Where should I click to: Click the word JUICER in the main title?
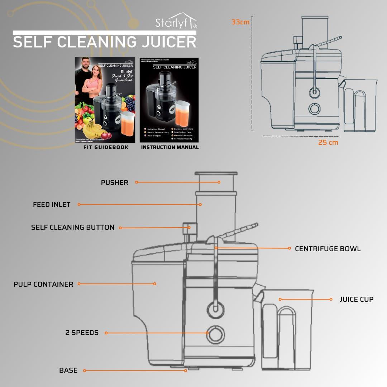point(168,42)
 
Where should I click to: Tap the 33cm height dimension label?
point(240,22)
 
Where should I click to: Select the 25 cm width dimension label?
point(328,142)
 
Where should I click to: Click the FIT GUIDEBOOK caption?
point(106,147)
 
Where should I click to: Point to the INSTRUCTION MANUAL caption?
point(169,147)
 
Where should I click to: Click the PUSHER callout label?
point(114,183)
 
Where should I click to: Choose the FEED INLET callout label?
point(52,205)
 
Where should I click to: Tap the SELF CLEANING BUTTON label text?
point(73,228)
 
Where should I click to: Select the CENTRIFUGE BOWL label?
point(328,249)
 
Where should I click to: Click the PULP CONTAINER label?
point(43,284)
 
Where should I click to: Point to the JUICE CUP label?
point(356,299)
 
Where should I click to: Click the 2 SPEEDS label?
point(82,333)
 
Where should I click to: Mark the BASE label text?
point(68,371)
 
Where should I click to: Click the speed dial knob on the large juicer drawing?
point(215,334)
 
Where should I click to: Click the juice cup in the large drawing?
point(287,330)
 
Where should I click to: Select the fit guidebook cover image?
point(105,100)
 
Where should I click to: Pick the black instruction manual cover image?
point(169,100)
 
